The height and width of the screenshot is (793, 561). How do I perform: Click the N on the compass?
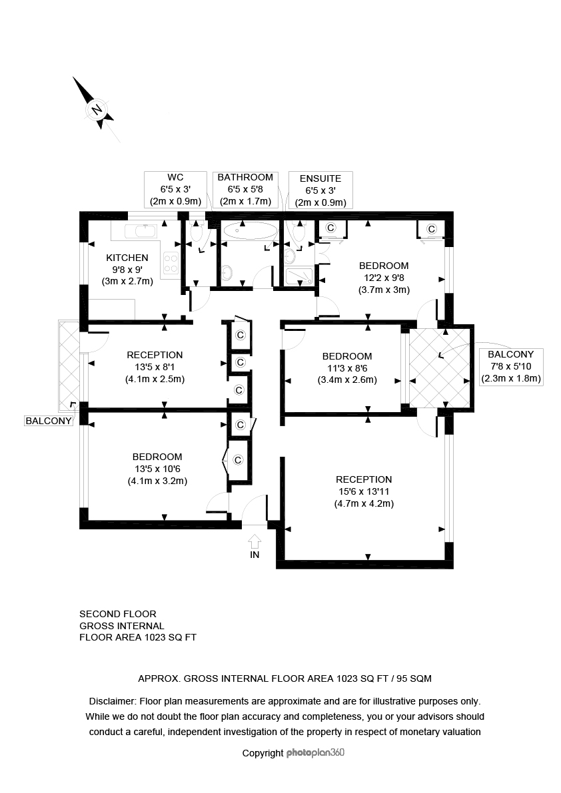[x=96, y=110]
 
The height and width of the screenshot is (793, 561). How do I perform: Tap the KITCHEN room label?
[x=127, y=258]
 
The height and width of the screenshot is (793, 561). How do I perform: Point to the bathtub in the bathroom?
[x=251, y=231]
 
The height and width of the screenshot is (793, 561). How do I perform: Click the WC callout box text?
[x=175, y=190]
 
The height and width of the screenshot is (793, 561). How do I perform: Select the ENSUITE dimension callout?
[x=320, y=190]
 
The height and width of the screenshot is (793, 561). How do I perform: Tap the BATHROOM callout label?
[x=245, y=178]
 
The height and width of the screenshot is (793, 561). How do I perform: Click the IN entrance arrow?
[x=255, y=543]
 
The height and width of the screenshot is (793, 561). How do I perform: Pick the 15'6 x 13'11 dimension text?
[x=364, y=491]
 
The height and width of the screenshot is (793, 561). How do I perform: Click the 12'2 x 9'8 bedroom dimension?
[x=384, y=278]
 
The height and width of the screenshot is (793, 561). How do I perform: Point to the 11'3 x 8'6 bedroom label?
[x=347, y=368]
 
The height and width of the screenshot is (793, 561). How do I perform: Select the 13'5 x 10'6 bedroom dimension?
[x=157, y=469]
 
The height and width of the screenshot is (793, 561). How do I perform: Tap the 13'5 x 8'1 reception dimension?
[x=155, y=367]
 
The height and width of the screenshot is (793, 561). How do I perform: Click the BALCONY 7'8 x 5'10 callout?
[x=511, y=367]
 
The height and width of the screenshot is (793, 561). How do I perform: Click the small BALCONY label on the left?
[x=49, y=421]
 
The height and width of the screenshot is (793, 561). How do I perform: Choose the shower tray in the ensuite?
[x=299, y=276]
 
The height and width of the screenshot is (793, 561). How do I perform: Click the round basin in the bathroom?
[x=227, y=274]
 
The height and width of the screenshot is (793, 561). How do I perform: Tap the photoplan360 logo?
[x=315, y=752]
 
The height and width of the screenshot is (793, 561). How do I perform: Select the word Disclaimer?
[x=113, y=702]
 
